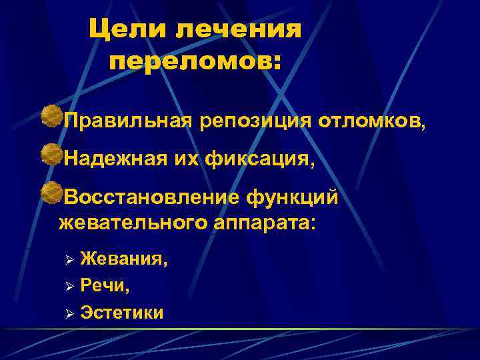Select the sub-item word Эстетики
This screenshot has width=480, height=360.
click(121, 312)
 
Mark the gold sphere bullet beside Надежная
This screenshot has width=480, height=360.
click(49, 155)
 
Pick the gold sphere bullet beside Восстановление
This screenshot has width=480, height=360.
click(49, 194)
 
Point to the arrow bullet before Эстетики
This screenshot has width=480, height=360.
click(65, 313)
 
